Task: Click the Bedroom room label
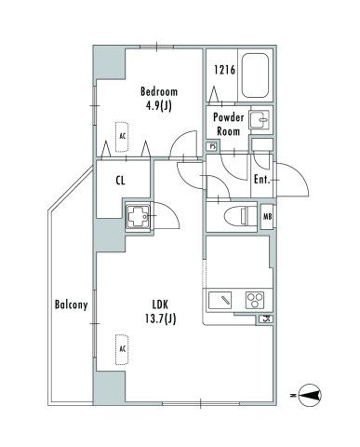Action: [159, 91]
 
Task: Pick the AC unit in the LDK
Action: [122, 348]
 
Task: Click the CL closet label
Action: [122, 182]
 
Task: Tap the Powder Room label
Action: [228, 124]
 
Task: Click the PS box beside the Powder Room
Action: [212, 146]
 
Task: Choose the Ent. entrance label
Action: [261, 179]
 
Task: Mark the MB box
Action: [268, 219]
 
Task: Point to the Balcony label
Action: [71, 305]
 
